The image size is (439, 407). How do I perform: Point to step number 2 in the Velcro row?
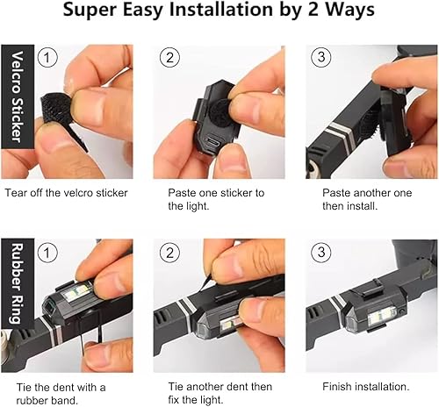tap(169, 58)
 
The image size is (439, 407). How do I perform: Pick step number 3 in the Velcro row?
tap(321, 58)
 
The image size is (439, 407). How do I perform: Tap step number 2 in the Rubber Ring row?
tap(169, 253)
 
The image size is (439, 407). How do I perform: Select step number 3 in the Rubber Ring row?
tap(321, 253)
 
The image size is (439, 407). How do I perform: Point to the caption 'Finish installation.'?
tap(353, 387)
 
